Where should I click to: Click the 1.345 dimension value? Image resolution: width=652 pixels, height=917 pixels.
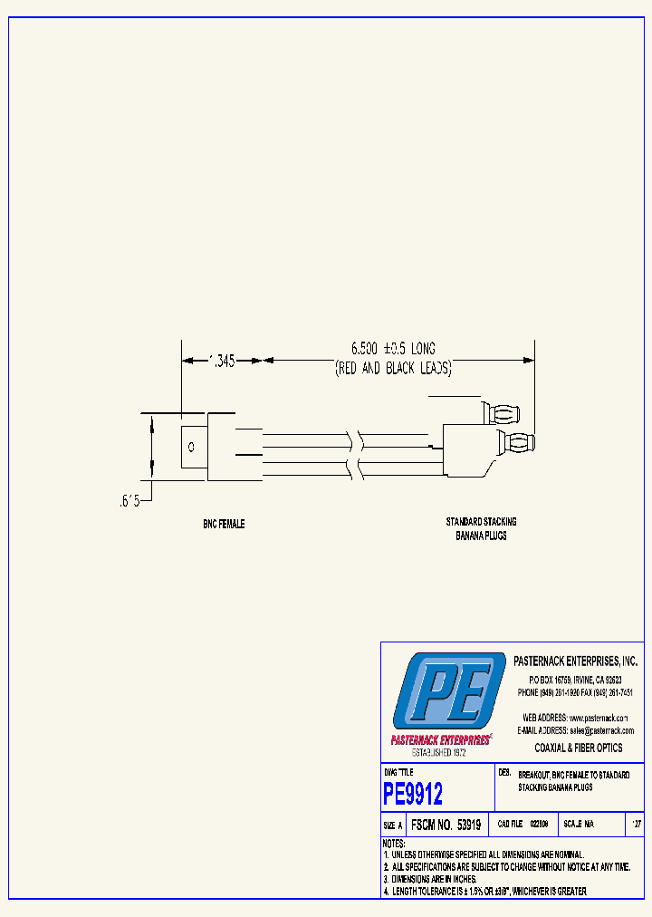(222, 361)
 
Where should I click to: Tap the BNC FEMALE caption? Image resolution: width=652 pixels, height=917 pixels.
(223, 525)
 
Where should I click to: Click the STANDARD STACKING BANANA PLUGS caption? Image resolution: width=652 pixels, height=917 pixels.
(481, 528)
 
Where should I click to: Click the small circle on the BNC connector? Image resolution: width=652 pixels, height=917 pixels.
(191, 448)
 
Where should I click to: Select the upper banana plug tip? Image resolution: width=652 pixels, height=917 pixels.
(503, 413)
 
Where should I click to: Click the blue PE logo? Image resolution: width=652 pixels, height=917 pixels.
(449, 690)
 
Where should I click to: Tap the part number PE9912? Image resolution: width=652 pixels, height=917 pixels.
(414, 795)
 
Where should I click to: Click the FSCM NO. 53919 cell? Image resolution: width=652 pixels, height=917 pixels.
(445, 825)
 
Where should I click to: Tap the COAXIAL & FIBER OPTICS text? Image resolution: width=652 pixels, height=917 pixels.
(579, 748)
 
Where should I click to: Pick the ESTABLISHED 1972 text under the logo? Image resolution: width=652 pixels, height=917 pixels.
(439, 753)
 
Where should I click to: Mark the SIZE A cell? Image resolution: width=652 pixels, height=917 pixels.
(393, 825)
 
